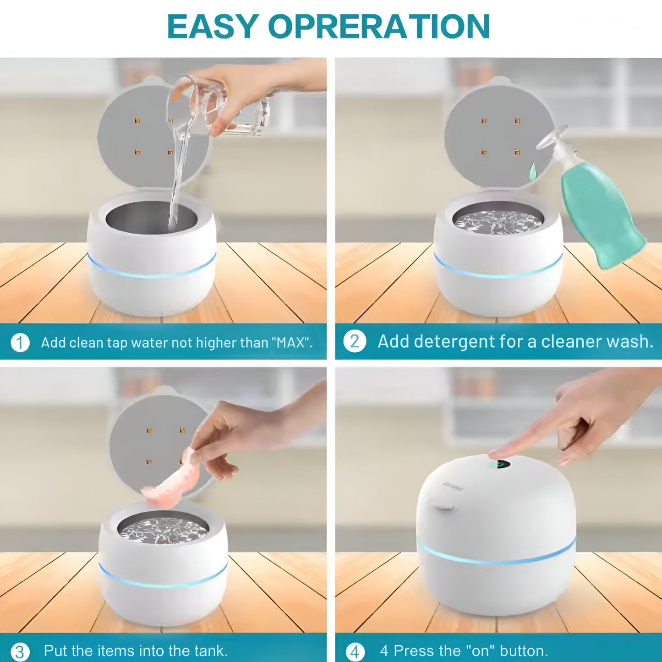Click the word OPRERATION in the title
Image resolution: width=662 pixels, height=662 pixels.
(379, 27)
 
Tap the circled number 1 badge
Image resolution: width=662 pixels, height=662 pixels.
(20, 343)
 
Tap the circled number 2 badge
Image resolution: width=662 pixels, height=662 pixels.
(355, 342)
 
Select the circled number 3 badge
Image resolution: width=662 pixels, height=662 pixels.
(20, 651)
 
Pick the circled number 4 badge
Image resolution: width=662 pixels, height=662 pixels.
(355, 651)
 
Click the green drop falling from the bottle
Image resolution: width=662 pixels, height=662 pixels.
(532, 171)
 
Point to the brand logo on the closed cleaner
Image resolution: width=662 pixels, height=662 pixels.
(453, 486)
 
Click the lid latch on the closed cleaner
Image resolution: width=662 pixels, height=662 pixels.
(443, 508)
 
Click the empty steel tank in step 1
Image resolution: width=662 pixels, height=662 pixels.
(151, 218)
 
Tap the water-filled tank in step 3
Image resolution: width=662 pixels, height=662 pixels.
(163, 529)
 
